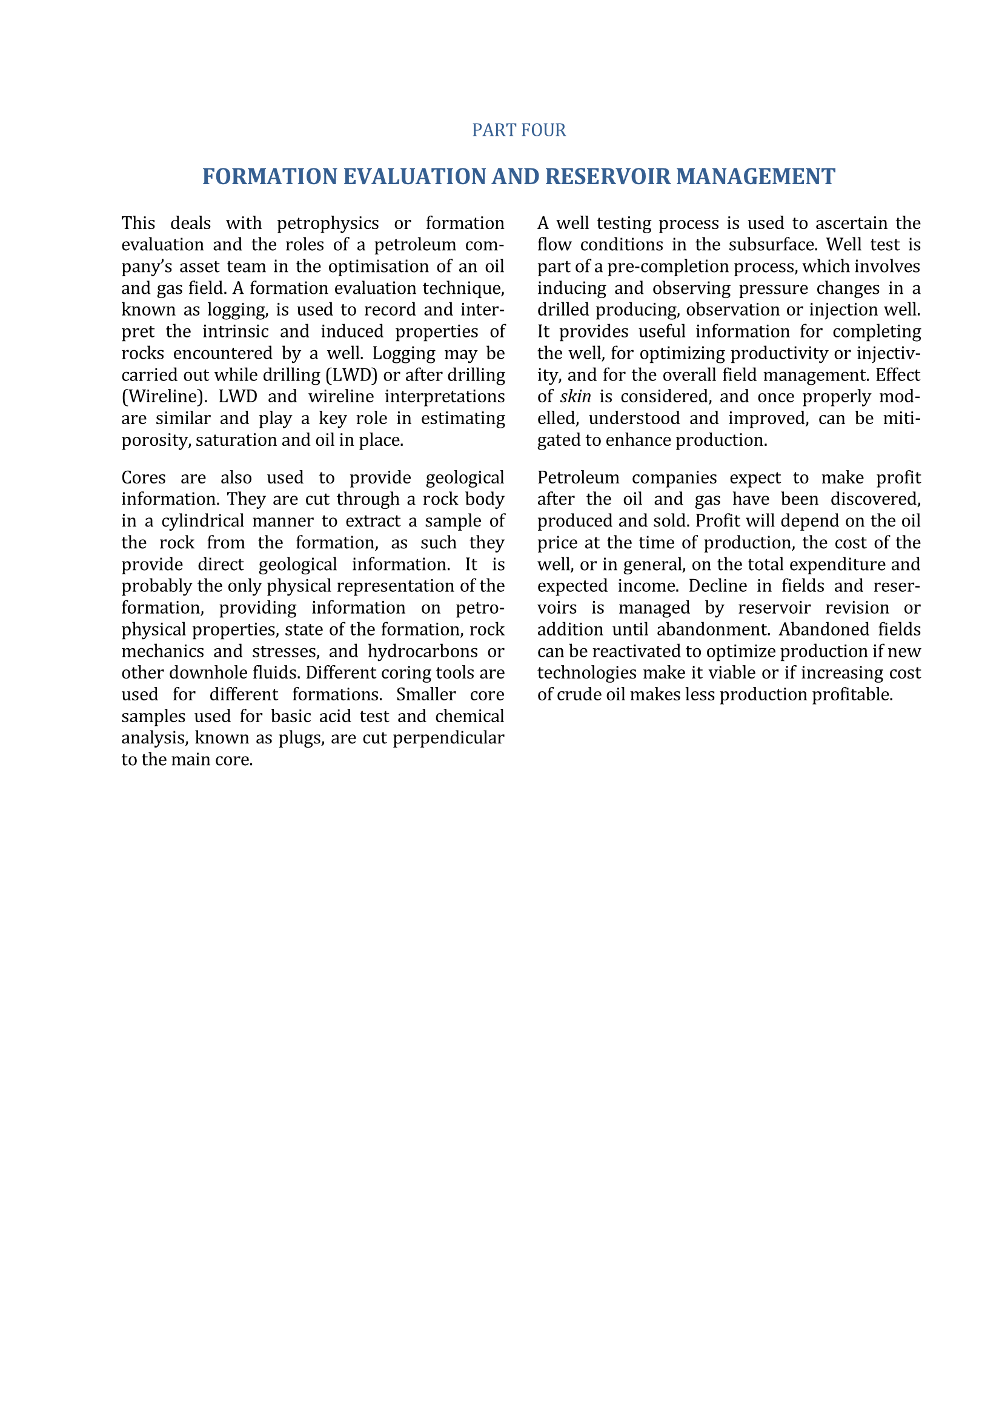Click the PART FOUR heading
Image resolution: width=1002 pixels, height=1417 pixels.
[519, 130]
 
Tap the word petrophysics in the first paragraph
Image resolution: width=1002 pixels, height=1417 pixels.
[328, 223]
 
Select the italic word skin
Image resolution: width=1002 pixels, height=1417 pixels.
[575, 396]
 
